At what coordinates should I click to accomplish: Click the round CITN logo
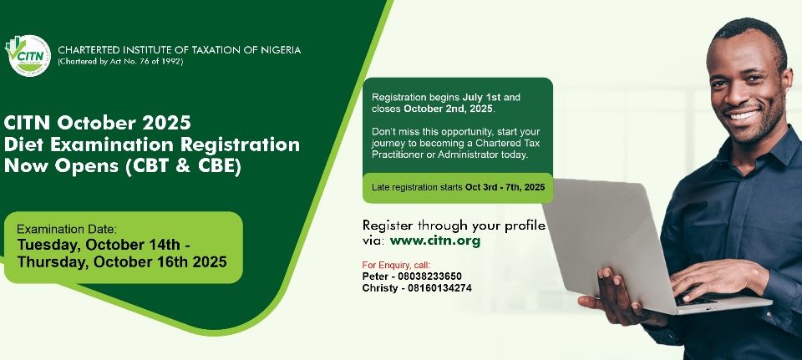coord(28,56)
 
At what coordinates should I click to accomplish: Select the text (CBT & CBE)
coord(183,167)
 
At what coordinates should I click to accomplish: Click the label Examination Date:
coord(67,229)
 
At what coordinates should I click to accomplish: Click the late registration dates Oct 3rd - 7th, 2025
coord(505,187)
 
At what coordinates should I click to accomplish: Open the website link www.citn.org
coord(434,241)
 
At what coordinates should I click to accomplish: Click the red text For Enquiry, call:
coord(396,265)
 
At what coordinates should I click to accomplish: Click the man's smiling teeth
coord(744,115)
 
